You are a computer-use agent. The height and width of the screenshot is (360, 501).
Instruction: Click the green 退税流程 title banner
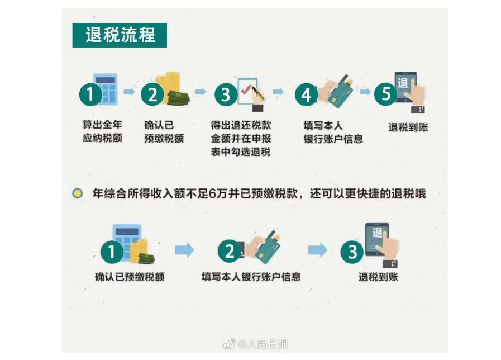click(120, 35)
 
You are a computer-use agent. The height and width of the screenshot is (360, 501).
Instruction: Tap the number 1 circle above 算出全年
click(90, 94)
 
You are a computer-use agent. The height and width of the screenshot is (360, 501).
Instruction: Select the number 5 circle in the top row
click(385, 94)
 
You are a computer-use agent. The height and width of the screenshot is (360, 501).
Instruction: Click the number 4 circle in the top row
click(306, 94)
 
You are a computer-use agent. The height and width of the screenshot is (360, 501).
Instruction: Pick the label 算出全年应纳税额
click(102, 131)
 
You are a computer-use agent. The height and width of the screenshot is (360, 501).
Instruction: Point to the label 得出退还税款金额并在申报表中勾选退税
click(241, 138)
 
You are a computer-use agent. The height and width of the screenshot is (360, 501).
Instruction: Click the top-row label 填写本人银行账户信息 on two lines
click(333, 132)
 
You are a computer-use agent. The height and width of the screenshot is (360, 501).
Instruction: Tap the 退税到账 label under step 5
click(408, 127)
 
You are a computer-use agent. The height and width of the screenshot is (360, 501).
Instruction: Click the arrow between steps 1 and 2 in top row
click(129, 92)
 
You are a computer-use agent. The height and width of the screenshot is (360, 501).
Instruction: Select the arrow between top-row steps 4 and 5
click(365, 92)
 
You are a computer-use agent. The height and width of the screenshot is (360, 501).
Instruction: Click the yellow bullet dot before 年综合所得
click(77, 193)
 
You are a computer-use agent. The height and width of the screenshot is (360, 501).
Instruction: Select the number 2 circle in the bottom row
click(230, 252)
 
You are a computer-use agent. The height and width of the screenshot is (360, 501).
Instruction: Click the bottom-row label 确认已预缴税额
click(130, 277)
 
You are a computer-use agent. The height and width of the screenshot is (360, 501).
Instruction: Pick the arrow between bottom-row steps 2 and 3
click(317, 250)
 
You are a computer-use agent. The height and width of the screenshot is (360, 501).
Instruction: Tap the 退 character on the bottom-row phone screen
click(377, 233)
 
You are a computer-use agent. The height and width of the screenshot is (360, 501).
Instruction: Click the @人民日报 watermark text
click(263, 344)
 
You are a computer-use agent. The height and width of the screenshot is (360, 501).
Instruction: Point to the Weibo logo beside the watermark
click(229, 344)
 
